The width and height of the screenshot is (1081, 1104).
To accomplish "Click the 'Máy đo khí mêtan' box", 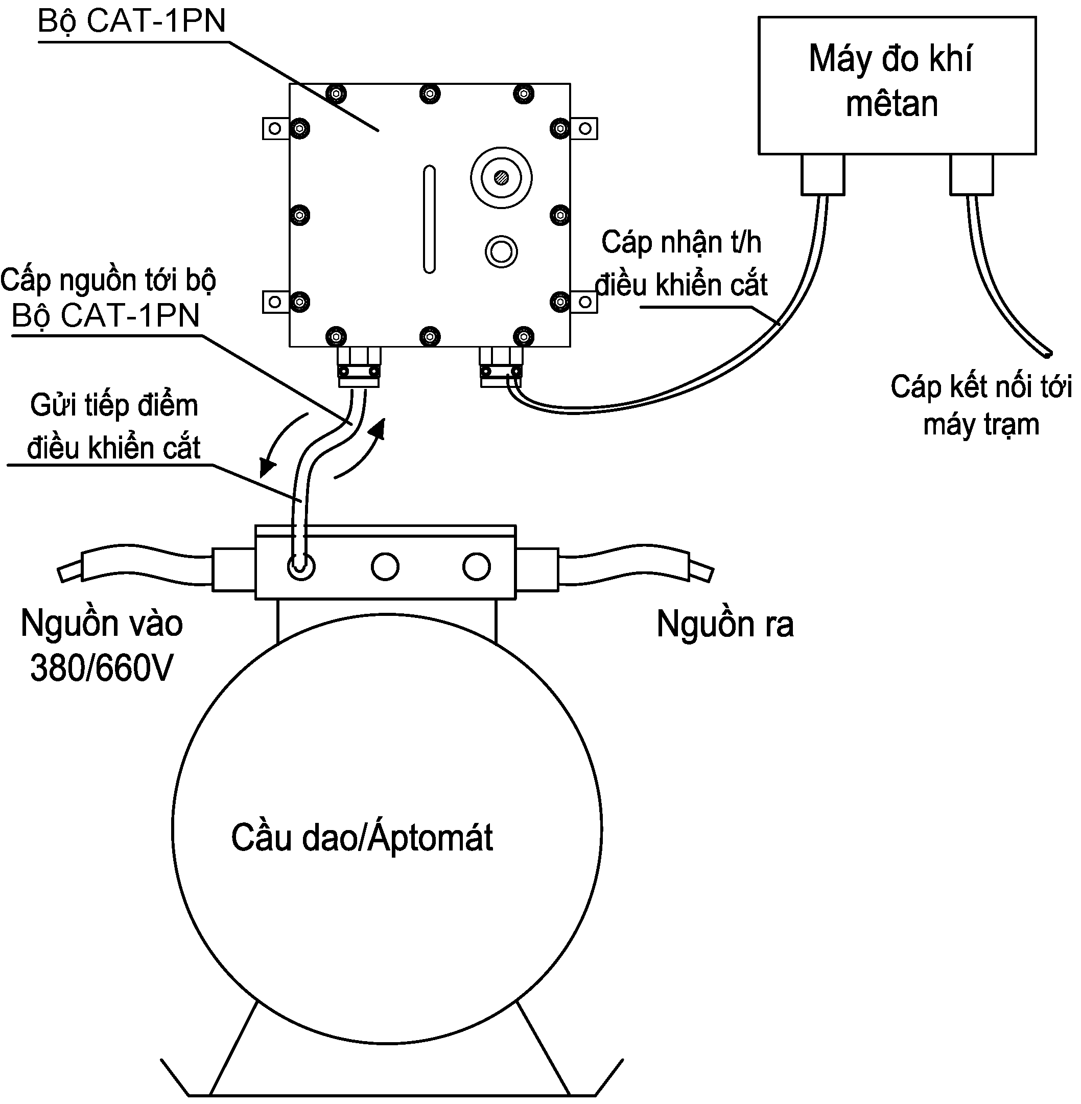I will coord(897,85).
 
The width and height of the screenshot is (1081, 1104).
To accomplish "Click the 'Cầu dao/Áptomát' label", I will coord(362,838).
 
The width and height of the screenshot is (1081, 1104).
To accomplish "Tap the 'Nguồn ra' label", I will coord(725,624).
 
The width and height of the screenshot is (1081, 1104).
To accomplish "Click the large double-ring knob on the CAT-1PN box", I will coord(501,177).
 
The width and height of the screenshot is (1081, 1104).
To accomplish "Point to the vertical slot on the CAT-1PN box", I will coord(429,219).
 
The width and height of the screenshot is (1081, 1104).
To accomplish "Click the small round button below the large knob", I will coord(501,251).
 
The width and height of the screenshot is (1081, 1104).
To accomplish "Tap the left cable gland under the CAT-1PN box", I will coord(359,366).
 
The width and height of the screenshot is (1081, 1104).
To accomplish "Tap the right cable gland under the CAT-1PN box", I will coord(501,366).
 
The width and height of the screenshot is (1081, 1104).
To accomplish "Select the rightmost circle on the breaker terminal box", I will coord(476,566).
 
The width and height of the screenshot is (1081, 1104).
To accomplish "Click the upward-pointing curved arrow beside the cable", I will coord(363,449).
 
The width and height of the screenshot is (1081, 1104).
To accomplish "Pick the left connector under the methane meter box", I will coord(823,175).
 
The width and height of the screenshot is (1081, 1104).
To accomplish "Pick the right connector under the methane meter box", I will coord(972,175).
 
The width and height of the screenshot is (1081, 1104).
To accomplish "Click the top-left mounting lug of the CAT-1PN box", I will coord(275,128).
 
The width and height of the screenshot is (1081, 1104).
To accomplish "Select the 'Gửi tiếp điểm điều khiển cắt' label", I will coord(114,426).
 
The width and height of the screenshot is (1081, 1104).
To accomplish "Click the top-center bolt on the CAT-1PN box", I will coord(430,93).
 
